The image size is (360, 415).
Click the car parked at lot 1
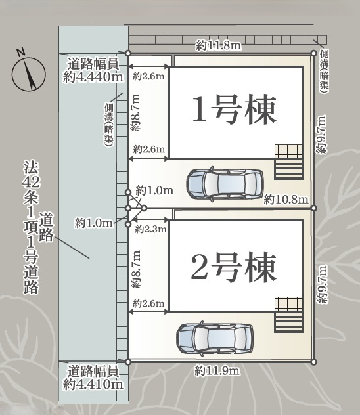tap(224, 184)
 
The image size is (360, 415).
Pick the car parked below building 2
tap(215, 338)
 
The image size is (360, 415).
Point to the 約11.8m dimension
tap(219, 45)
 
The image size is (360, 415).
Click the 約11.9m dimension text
tap(217, 371)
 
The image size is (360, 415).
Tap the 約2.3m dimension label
tap(150, 229)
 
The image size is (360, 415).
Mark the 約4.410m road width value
tap(93, 384)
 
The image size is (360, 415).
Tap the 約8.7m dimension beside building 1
tap(136, 114)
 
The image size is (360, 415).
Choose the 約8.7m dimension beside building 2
tap(136, 269)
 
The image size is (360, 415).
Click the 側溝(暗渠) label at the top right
tap(325, 70)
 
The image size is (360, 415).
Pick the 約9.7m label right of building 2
tap(321, 284)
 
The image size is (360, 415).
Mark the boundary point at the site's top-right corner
tap(313, 53)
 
